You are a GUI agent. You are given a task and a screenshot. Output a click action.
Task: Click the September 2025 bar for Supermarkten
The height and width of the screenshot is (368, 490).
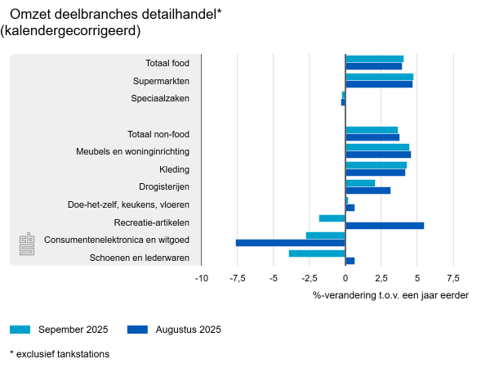click(x=379, y=77)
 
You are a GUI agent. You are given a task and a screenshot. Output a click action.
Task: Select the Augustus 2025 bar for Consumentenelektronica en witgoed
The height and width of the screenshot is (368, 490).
click(x=290, y=243)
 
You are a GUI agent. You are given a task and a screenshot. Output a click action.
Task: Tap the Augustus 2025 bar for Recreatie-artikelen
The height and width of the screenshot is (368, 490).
click(x=385, y=226)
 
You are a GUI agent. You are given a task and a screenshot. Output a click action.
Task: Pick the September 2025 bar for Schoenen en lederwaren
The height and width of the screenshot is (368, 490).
click(x=317, y=254)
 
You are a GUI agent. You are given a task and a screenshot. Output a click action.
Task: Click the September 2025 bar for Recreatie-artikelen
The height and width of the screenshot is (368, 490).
click(x=332, y=218)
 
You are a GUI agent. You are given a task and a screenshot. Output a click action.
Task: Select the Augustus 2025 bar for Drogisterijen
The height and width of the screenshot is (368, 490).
click(x=367, y=191)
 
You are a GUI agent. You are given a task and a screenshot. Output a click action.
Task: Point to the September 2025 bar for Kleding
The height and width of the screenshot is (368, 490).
click(x=376, y=165)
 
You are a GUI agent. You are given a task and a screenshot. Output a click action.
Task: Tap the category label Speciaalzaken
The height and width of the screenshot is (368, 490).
click(x=160, y=98)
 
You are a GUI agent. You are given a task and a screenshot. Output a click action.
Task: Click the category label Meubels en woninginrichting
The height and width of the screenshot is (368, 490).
click(x=133, y=151)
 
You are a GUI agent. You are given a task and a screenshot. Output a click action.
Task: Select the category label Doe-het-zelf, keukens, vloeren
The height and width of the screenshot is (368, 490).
click(x=128, y=204)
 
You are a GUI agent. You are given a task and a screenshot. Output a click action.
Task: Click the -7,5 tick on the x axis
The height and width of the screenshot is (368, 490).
click(x=237, y=278)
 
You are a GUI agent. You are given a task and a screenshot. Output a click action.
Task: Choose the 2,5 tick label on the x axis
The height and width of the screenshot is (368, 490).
click(x=381, y=278)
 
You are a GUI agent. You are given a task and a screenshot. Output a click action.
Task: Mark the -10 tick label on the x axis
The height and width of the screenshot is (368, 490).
click(x=201, y=278)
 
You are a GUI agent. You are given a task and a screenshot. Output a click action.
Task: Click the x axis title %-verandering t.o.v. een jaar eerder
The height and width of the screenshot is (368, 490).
click(x=390, y=294)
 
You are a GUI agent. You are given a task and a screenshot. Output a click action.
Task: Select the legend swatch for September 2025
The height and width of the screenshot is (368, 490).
click(x=20, y=330)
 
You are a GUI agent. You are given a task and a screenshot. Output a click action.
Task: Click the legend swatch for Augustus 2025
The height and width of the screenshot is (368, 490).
click(x=138, y=330)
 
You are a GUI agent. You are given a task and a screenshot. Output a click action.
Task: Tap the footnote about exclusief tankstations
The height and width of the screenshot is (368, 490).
click(x=60, y=354)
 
